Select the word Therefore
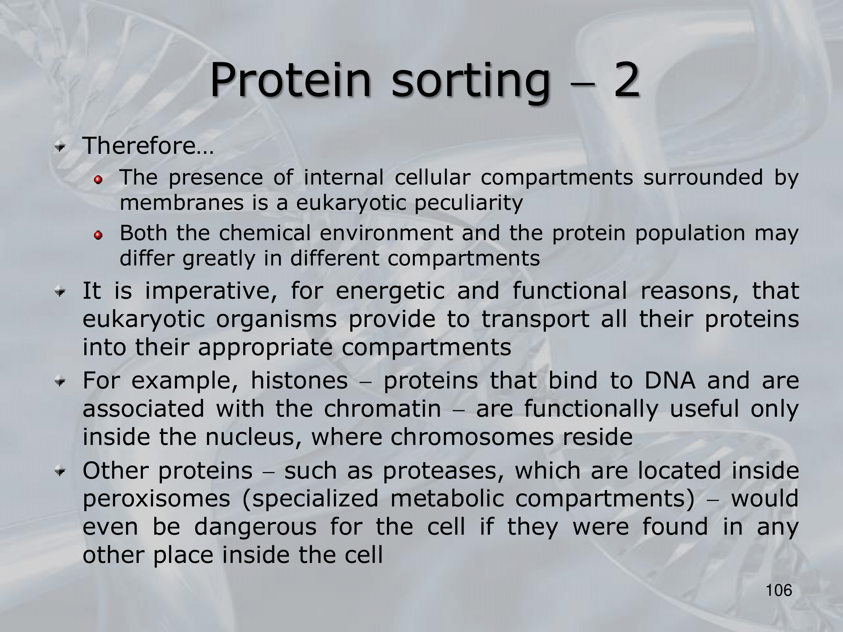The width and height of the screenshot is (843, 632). pyautogui.click(x=139, y=146)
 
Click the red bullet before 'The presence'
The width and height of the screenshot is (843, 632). pyautogui.click(x=98, y=180)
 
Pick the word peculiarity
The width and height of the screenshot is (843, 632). pyautogui.click(x=468, y=203)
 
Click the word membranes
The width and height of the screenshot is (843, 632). pyautogui.click(x=182, y=203)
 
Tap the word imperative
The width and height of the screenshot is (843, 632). pyautogui.click(x=211, y=292)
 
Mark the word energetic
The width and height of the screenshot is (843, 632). pyautogui.click(x=390, y=292)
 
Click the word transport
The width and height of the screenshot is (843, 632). pyautogui.click(x=535, y=319)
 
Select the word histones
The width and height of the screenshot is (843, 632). pyautogui.click(x=299, y=381)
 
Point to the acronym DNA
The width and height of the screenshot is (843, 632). pyautogui.click(x=670, y=381)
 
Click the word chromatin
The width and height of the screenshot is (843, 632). pyautogui.click(x=382, y=409)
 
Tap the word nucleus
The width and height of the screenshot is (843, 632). pyautogui.click(x=253, y=437)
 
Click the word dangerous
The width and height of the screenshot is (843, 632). pyautogui.click(x=255, y=528)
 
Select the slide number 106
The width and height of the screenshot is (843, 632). pyautogui.click(x=779, y=590)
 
